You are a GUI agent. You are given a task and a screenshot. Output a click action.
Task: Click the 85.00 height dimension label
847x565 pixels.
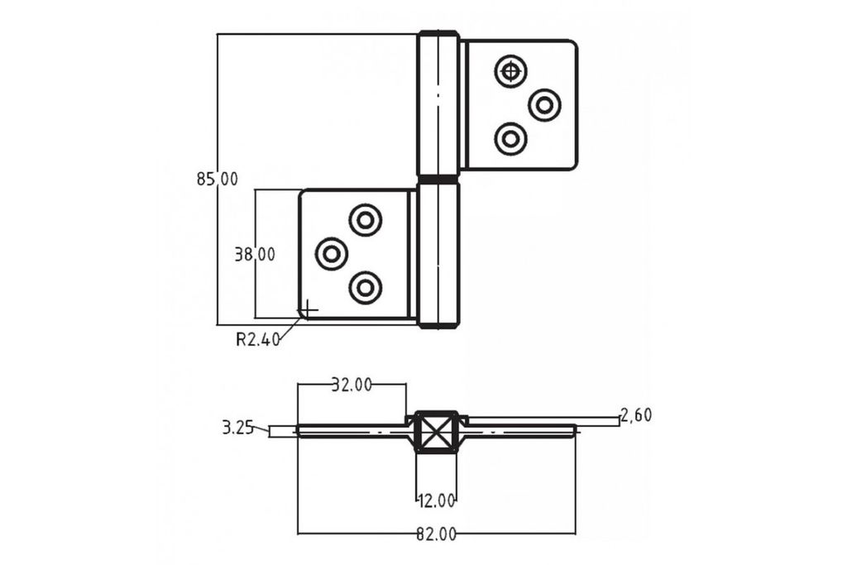[218, 178]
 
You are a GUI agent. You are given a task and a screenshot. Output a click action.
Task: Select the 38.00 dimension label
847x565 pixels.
[255, 255]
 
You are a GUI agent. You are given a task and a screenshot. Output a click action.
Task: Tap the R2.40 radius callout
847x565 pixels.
[258, 339]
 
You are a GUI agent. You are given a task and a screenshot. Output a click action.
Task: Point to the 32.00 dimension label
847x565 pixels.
[352, 384]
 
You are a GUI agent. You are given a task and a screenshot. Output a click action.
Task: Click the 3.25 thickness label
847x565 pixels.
[237, 428]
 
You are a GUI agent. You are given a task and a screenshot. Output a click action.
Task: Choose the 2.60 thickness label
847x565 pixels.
[636, 415]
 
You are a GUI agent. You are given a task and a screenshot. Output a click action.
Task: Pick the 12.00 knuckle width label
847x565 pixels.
[436, 500]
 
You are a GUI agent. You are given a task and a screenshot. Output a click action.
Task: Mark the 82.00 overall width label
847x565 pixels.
[436, 534]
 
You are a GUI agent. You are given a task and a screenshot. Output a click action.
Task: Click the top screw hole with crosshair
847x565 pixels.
[511, 72]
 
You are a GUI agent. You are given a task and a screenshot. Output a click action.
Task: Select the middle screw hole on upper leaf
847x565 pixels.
[544, 105]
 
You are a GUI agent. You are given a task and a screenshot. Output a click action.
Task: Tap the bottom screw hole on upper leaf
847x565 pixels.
[511, 138]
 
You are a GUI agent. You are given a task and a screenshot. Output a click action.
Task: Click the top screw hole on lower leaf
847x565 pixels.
[366, 220]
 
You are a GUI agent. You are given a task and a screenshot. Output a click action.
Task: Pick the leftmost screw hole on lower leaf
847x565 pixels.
[332, 253]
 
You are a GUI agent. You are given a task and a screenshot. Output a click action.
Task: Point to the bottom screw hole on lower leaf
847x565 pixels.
[366, 287]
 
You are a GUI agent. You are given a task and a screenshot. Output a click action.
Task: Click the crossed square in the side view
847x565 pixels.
[437, 432]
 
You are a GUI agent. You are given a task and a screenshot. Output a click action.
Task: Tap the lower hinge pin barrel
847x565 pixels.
[438, 255]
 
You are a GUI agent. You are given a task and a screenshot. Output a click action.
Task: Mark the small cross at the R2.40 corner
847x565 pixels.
[307, 309]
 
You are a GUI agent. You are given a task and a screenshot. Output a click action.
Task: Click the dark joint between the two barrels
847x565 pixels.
[438, 179]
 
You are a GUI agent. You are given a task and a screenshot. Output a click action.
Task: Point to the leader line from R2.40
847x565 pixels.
[290, 328]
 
